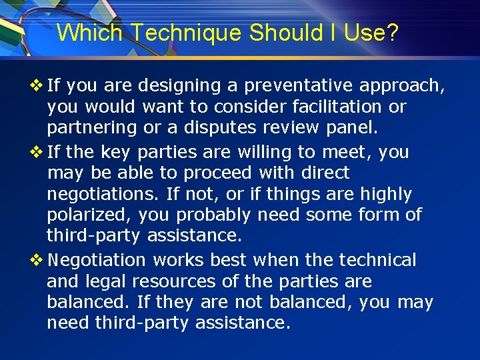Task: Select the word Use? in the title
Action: click(x=371, y=33)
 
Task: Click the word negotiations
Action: click(x=96, y=194)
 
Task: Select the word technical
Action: click(x=377, y=259)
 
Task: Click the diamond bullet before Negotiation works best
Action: click(x=37, y=259)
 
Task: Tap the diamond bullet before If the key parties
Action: click(x=37, y=152)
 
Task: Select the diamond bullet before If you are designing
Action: click(x=37, y=86)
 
